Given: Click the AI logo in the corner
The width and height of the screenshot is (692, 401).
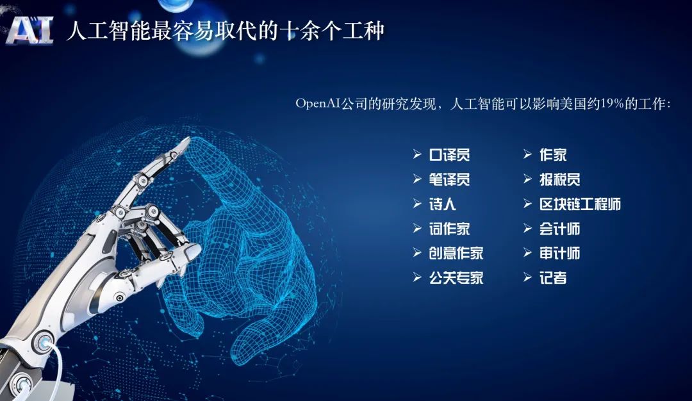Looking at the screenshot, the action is pos(30,31).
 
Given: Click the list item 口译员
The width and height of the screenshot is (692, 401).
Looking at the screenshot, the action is pos(449,155).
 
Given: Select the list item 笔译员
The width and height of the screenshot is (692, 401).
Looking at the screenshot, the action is pos(449,179).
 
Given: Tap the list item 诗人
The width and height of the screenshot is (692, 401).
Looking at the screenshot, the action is pos(442,204).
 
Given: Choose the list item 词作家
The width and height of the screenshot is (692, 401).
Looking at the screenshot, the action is pos(449,229).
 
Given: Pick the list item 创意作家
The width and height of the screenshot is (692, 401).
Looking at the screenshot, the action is pos(456,253).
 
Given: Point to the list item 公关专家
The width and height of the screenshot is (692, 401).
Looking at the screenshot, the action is pos(456,278).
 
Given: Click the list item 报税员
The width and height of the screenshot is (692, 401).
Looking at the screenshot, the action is pos(559,179).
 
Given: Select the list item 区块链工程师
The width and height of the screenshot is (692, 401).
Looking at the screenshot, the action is pos(580,204).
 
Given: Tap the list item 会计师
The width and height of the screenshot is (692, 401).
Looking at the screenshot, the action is pos(559,229).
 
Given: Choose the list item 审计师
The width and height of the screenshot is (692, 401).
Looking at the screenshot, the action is pos(559,253).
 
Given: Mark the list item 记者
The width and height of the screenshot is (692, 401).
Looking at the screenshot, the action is pos(553,278).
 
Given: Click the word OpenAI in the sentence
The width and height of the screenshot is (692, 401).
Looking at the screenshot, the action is pos(318,104).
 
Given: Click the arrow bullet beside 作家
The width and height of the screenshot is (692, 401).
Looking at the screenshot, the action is pos(527,154).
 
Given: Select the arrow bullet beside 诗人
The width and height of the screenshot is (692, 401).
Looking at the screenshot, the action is pos(417,204).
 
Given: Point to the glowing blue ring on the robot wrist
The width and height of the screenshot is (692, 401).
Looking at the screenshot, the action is pos(44,342).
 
